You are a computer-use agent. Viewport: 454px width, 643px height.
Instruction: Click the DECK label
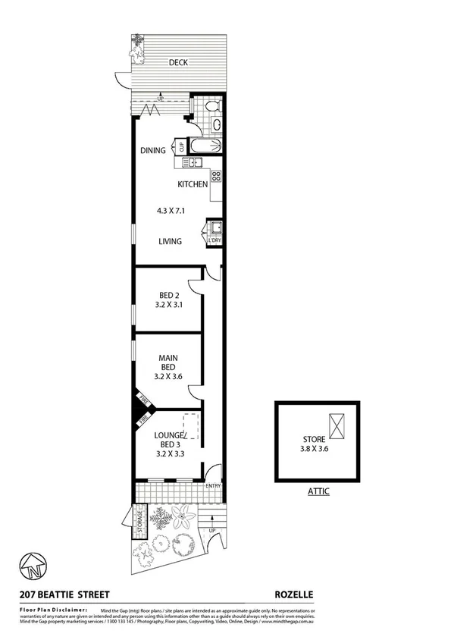pyautogui.click(x=178, y=63)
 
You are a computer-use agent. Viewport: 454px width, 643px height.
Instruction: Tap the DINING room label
pyautogui.click(x=152, y=150)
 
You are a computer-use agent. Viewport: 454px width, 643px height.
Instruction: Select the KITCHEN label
pyautogui.click(x=193, y=184)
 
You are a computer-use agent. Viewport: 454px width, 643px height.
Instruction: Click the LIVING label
pyautogui.click(x=169, y=242)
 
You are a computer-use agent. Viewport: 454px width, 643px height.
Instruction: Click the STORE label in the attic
pyautogui.click(x=313, y=438)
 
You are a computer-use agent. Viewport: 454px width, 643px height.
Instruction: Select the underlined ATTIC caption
pyautogui.click(x=318, y=491)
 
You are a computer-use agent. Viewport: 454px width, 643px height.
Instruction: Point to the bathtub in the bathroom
pyautogui.click(x=205, y=146)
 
